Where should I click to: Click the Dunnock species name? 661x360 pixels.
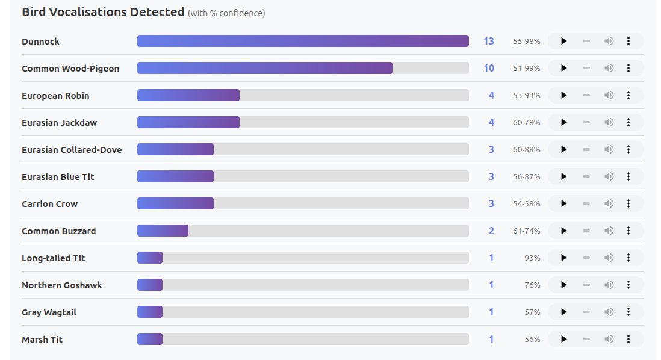(40, 42)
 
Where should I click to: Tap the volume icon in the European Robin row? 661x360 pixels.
(609, 95)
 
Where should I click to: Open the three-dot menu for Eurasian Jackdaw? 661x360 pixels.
(628, 122)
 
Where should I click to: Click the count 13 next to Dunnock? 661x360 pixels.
(489, 42)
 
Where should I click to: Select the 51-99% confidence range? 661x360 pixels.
(527, 69)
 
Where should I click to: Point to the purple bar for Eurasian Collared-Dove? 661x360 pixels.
(175, 149)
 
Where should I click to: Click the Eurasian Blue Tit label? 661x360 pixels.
(58, 177)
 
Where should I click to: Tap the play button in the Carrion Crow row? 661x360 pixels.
(564, 203)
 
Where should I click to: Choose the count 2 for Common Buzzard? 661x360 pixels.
(491, 231)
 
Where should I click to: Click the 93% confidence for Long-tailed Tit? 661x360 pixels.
(532, 258)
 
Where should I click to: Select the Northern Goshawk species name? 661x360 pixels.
(62, 285)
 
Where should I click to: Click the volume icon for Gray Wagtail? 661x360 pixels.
(609, 312)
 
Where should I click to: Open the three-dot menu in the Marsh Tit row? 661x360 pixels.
(628, 339)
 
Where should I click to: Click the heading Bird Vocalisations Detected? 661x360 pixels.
(103, 12)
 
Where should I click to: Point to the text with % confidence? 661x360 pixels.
(226, 13)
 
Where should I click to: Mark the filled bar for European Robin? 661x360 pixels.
(188, 95)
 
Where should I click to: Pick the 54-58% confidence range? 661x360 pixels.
(527, 204)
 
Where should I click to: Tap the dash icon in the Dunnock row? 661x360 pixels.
(586, 41)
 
